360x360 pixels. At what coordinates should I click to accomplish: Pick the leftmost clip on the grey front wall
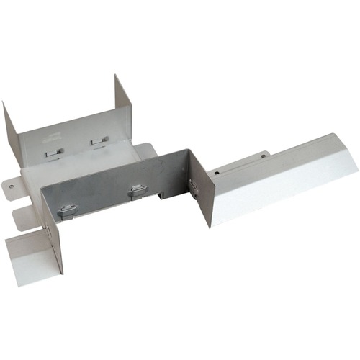(66, 210)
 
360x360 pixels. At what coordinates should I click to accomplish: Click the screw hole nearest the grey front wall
(215, 174)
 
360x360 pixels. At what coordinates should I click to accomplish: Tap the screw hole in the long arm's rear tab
(264, 154)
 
